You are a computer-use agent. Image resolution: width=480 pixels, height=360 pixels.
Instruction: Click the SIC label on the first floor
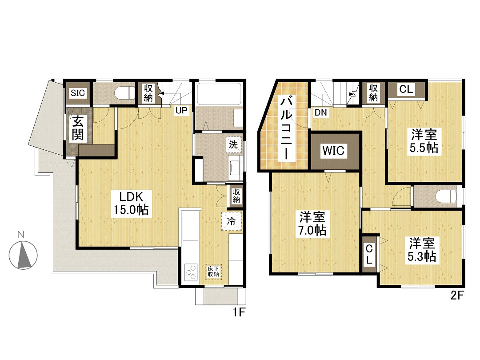pos(77,93)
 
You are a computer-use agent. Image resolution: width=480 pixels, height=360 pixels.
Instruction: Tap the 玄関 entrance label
pos(77,128)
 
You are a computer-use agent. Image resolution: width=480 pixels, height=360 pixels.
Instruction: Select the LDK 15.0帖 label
pos(131,203)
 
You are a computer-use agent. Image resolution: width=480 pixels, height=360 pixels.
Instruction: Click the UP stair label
pos(181,110)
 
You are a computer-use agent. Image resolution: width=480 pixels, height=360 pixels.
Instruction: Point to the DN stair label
pos(321,112)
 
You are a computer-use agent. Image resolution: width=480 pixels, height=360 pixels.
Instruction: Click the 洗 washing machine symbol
pos(233,144)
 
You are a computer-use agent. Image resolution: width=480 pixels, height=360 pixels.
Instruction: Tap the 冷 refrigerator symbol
pos(232,220)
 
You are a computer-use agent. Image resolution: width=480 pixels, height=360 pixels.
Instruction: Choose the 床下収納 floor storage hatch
pos(213,272)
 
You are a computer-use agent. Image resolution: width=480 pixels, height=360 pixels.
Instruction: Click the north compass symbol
pos(23,255)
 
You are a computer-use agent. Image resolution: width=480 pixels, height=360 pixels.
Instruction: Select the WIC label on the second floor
pos(333,151)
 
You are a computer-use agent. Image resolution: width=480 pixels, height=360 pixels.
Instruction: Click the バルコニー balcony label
pos(287,128)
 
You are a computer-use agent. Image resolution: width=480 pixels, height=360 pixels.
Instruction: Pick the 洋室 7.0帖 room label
pos(312,223)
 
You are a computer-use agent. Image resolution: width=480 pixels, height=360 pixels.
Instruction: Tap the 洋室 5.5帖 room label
pos(424,141)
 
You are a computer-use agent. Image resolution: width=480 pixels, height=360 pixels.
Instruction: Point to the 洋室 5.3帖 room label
pos(422,250)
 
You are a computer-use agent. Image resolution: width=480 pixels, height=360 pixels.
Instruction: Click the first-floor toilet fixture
pos(124,92)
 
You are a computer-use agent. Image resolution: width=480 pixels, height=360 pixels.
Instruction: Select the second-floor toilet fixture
pos(447,196)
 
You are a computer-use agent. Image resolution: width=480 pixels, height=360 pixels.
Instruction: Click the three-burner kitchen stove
pos(190,272)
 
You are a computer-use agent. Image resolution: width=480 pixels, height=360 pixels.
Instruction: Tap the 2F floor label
pos(457,295)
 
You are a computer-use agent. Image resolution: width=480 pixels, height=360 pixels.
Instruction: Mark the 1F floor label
pos(239,312)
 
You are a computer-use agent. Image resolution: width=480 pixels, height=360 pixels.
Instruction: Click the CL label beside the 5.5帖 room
pos(406,89)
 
